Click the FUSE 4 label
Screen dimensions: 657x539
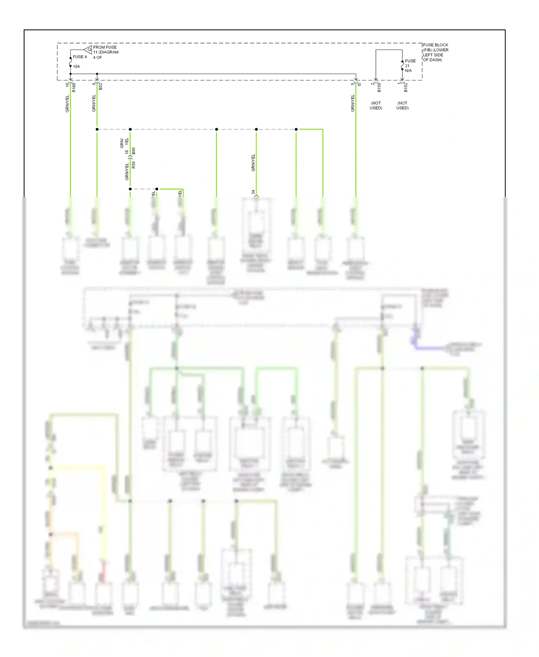(80, 57)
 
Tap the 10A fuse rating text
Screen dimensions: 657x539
(77, 66)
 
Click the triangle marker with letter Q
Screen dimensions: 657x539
(88, 49)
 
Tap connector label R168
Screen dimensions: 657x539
(74, 87)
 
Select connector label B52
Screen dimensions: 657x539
(101, 86)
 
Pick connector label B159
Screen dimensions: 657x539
(379, 87)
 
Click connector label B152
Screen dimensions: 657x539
(406, 87)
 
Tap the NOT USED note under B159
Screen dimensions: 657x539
(376, 105)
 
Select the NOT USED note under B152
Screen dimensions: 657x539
(402, 105)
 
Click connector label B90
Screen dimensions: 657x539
(134, 151)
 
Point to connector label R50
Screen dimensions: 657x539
(134, 165)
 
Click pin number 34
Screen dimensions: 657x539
(253, 192)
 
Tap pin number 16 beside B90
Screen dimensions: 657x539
(126, 152)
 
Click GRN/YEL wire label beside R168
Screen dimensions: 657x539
(67, 104)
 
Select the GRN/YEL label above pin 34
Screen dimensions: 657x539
(253, 162)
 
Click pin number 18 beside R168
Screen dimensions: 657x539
(67, 85)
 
